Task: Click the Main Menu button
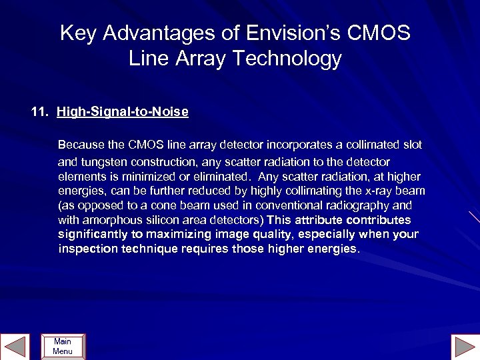[63, 346]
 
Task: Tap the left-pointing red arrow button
[15, 346]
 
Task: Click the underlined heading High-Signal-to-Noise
[123, 112]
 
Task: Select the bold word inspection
[84, 249]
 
